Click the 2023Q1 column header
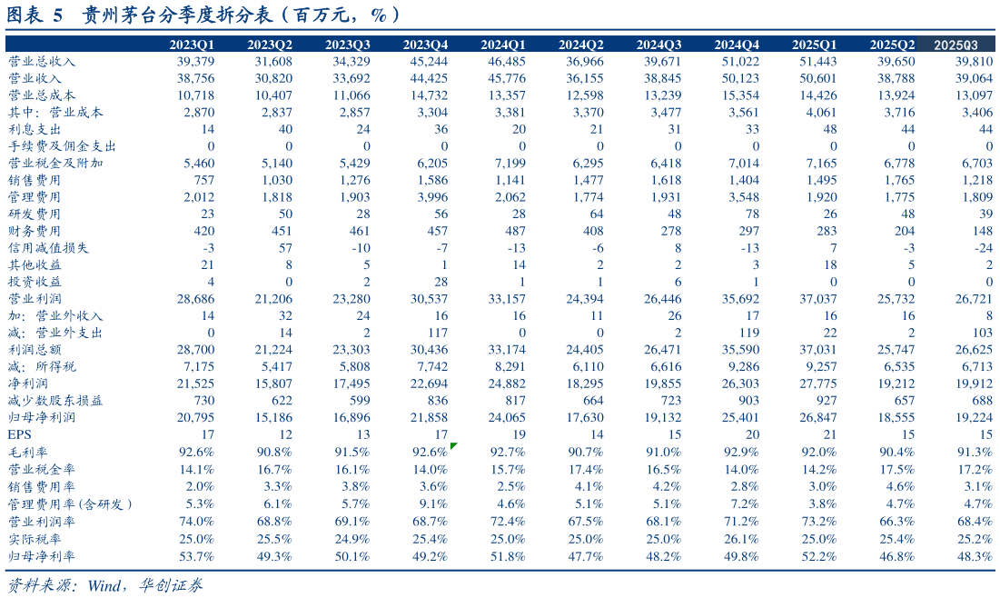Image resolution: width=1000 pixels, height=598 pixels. click(193, 45)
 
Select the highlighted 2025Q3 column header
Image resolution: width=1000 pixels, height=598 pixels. click(956, 45)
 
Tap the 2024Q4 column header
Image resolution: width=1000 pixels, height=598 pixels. click(737, 45)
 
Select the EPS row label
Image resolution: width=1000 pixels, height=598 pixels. click(19, 434)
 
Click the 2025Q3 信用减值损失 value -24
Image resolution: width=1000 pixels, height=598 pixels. click(982, 248)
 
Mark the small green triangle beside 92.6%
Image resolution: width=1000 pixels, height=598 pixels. click(453, 445)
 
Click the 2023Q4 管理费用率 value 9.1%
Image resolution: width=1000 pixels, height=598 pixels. click(431, 503)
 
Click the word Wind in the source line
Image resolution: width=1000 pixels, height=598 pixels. click(104, 584)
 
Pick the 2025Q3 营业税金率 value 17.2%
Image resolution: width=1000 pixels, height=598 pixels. click(975, 469)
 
